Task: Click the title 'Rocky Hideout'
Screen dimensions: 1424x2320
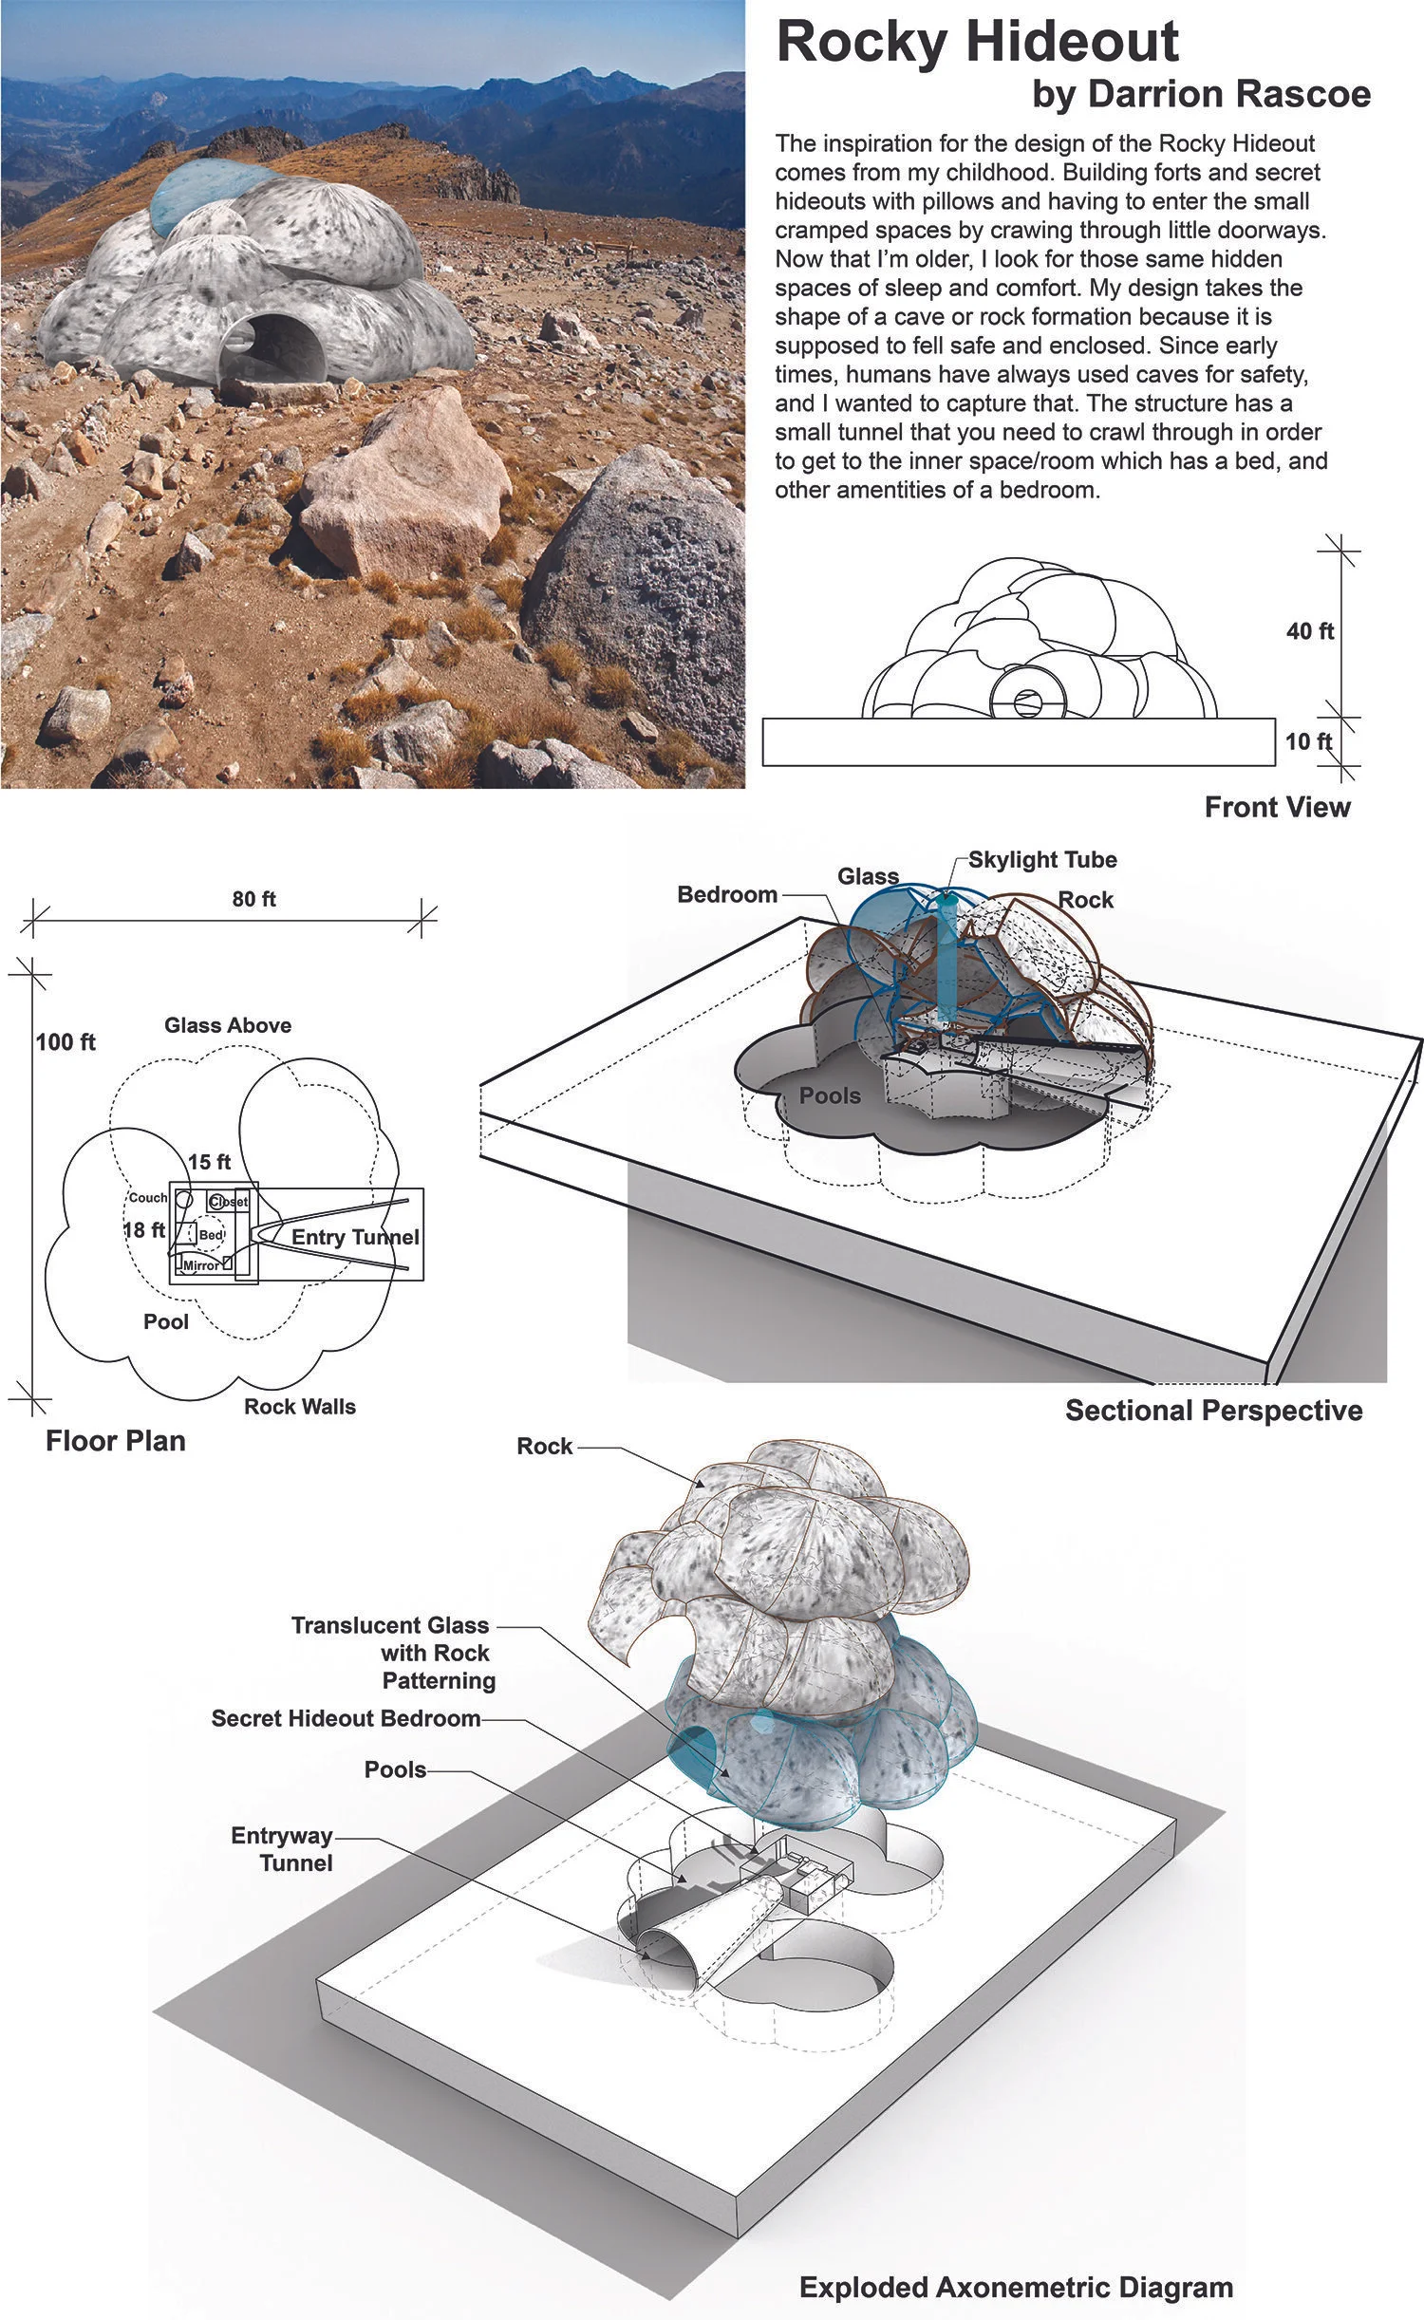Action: (x=977, y=42)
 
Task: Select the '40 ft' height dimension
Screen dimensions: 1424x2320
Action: (x=1310, y=631)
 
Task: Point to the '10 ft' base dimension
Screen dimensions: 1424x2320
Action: (x=1308, y=741)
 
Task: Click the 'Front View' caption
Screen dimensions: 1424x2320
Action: (x=1277, y=808)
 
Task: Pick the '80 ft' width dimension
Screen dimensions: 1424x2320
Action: (x=253, y=899)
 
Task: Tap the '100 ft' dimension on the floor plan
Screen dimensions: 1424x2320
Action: (x=66, y=1042)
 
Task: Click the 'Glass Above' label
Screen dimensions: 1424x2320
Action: (x=228, y=1025)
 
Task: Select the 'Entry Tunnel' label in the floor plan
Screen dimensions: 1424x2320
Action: (x=355, y=1237)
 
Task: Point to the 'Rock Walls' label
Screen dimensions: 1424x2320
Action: (x=300, y=1407)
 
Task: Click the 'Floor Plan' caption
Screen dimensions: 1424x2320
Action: (x=116, y=1441)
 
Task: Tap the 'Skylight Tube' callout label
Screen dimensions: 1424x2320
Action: (x=1042, y=860)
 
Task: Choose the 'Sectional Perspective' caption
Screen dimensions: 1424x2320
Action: (x=1213, y=1411)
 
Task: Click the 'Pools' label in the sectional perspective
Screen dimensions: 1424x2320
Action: (x=830, y=1095)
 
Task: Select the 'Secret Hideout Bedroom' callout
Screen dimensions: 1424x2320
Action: (x=346, y=1718)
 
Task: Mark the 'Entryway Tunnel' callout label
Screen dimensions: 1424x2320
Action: (x=282, y=1848)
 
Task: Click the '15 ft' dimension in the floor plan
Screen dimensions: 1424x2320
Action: (x=209, y=1162)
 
